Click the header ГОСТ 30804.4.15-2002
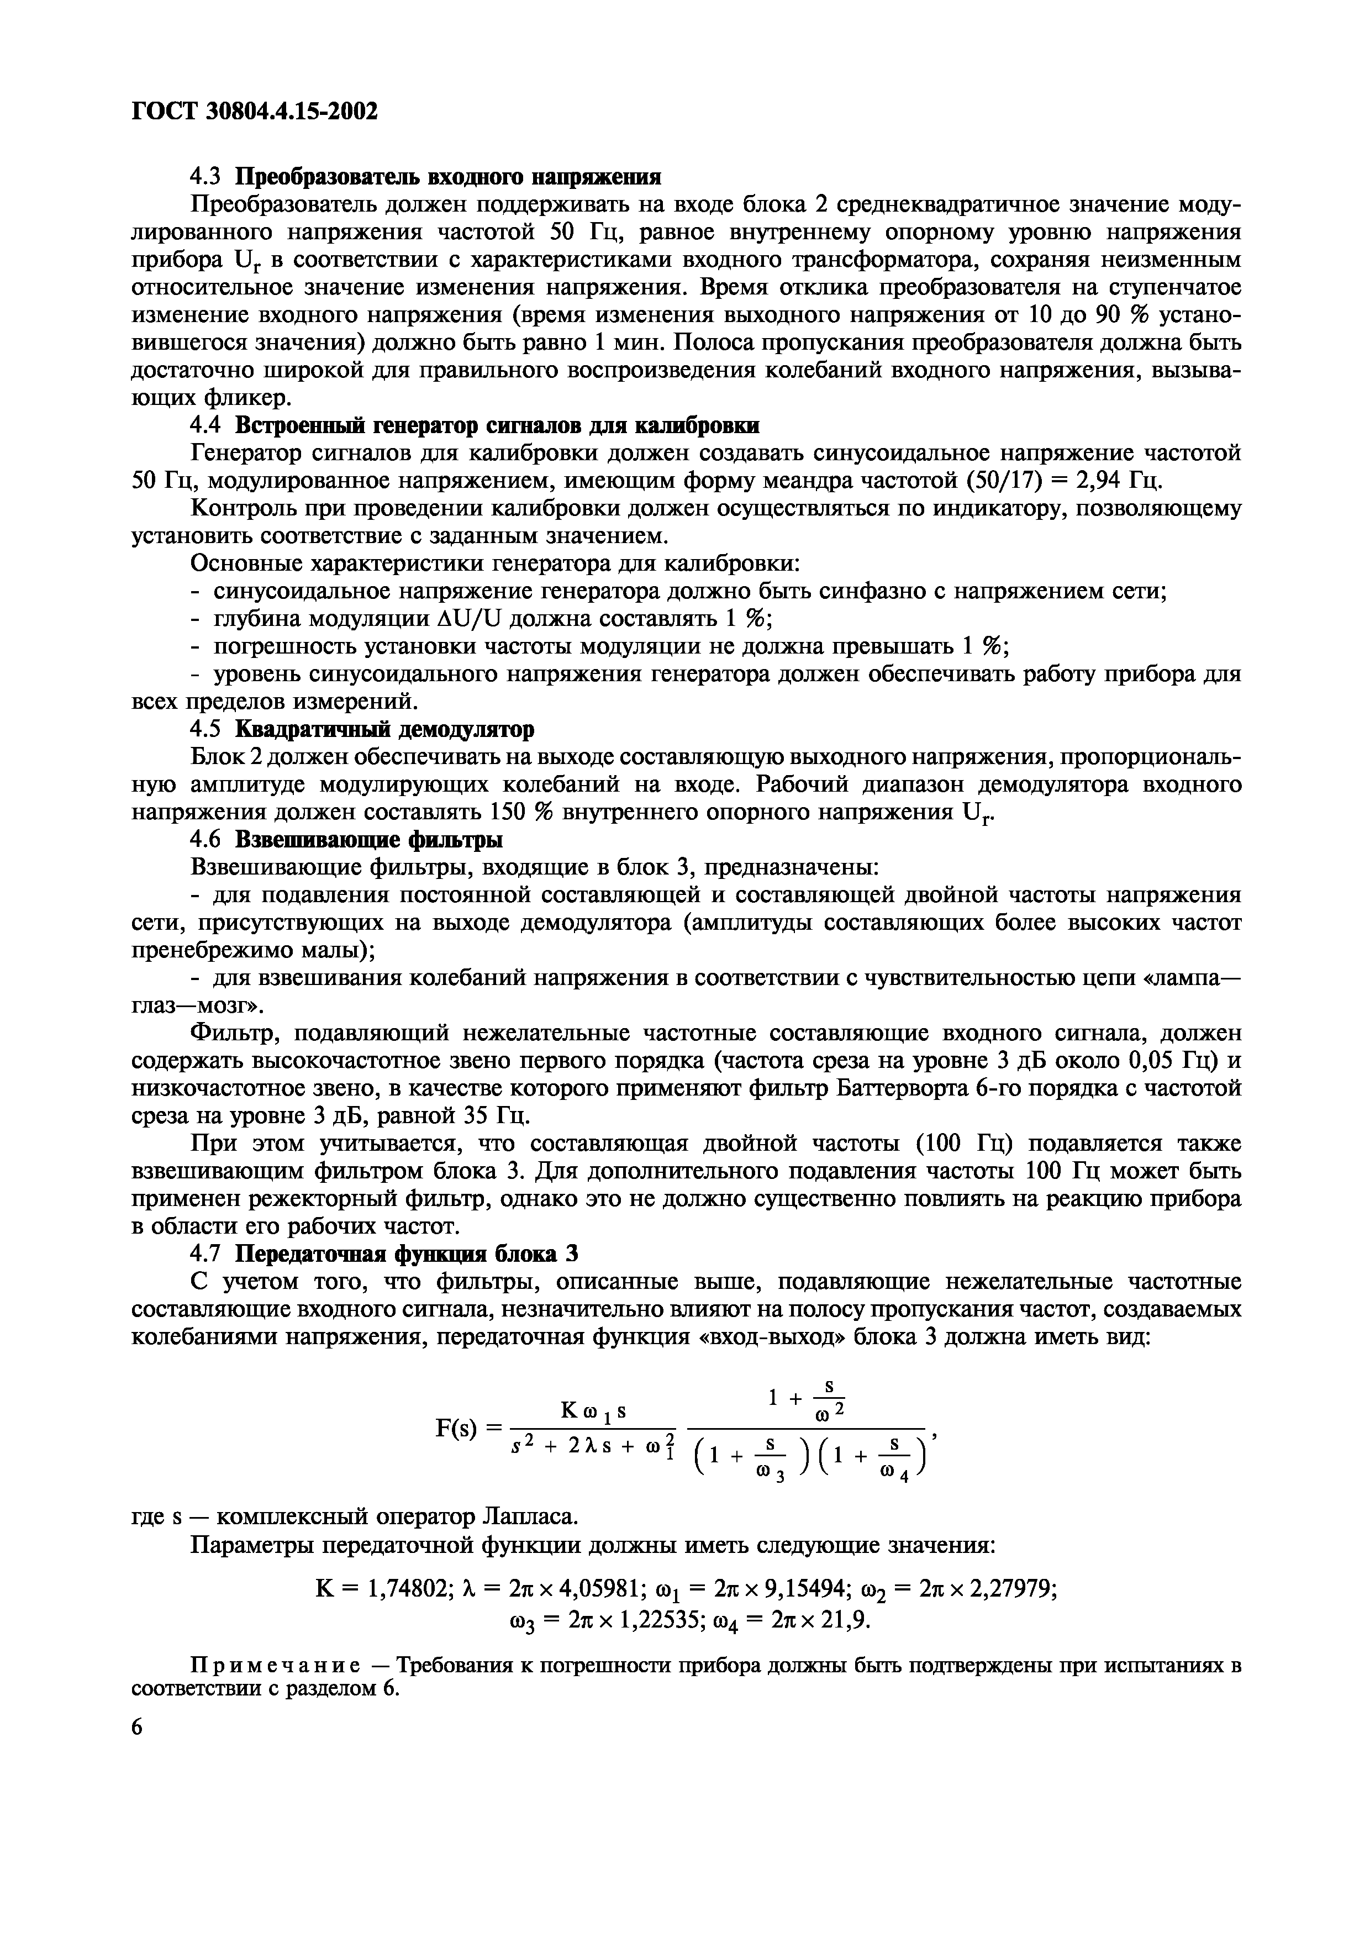coord(254,110)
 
